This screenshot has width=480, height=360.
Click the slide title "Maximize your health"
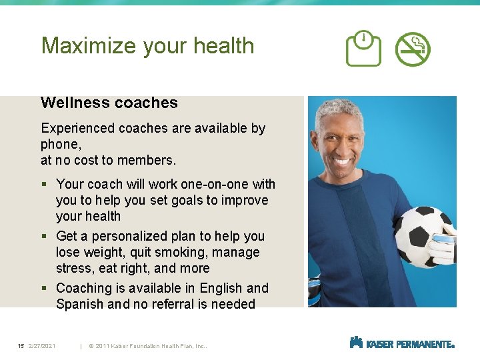coord(147,46)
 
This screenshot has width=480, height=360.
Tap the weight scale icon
coord(363,49)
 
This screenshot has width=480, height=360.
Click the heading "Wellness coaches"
coord(109,103)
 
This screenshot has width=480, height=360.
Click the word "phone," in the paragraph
coord(61,144)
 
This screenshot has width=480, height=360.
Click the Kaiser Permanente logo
coord(401,343)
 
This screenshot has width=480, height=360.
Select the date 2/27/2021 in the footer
coord(42,346)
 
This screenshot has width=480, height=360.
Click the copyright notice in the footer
coord(151,346)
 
